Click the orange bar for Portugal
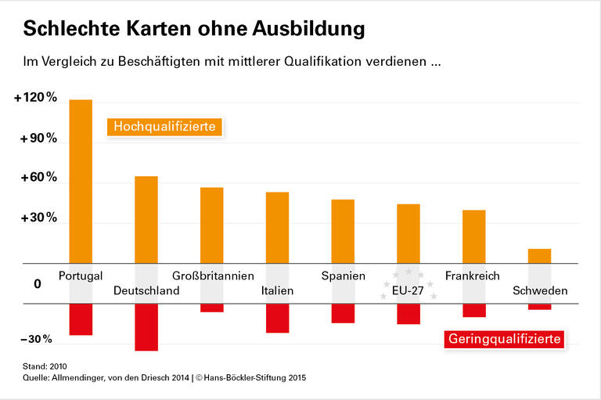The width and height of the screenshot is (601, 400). tap(81, 181)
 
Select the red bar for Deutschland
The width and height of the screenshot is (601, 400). tap(146, 327)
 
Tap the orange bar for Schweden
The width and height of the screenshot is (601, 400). tap(539, 256)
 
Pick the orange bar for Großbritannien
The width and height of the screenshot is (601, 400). tap(211, 225)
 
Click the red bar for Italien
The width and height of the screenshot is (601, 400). tap(277, 318)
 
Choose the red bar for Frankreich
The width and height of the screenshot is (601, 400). tap(473, 310)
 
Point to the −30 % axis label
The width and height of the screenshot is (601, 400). tap(35, 339)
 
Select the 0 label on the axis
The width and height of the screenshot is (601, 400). tap(37, 283)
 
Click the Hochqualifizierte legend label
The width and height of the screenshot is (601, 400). tap(165, 126)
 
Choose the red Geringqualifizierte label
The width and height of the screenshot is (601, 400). tap(505, 339)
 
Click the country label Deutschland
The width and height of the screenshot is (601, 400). tap(146, 290)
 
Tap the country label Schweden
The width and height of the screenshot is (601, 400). tap(540, 290)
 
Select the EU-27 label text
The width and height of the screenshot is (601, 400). tap(407, 290)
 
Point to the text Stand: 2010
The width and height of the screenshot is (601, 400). tap(45, 366)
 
